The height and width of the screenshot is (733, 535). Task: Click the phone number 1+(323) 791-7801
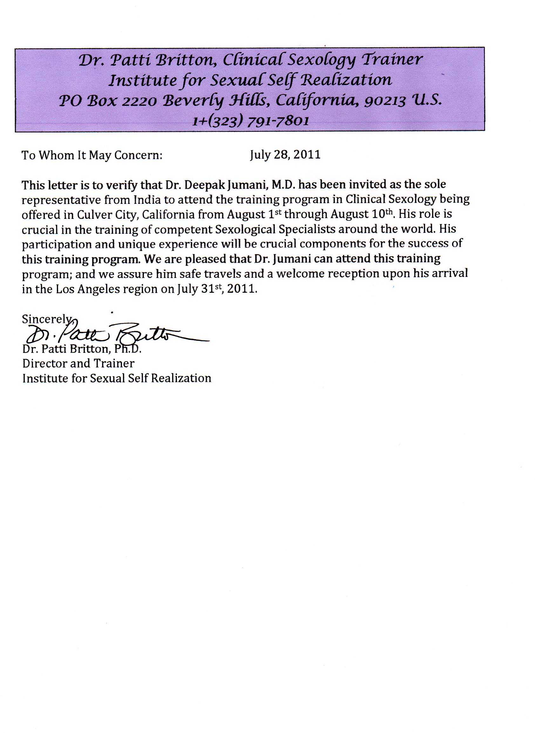(x=250, y=121)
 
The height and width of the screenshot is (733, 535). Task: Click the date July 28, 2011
(x=285, y=154)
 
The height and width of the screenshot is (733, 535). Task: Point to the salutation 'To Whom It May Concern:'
(x=91, y=155)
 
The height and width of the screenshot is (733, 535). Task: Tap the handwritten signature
(x=117, y=333)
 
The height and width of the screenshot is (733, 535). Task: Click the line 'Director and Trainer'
(x=78, y=363)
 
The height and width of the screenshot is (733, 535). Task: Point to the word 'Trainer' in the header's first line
(x=392, y=60)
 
